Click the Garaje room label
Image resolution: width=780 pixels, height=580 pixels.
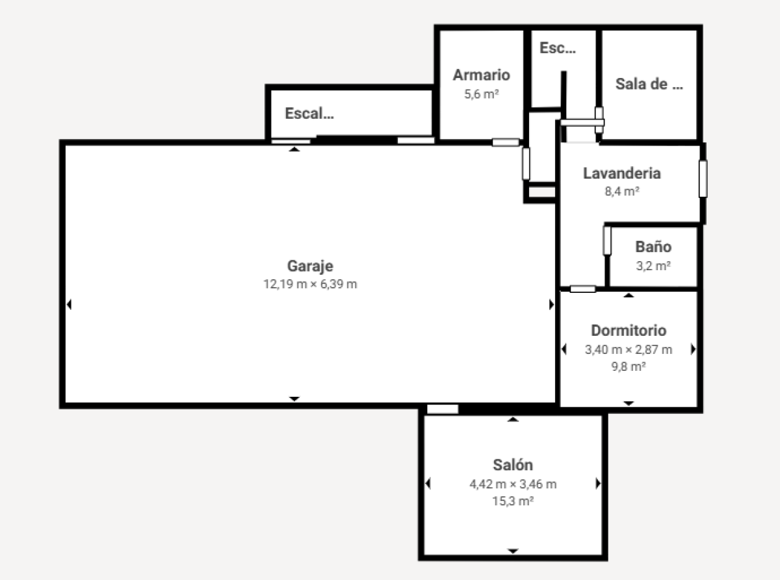pyautogui.click(x=310, y=266)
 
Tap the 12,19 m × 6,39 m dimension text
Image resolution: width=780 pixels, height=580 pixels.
pyautogui.click(x=310, y=284)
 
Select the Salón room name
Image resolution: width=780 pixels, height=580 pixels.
pyautogui.click(x=513, y=464)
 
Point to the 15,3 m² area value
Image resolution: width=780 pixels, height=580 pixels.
pyautogui.click(x=513, y=501)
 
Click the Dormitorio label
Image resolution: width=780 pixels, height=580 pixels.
pyautogui.click(x=629, y=331)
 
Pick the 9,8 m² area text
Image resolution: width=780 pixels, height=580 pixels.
pyautogui.click(x=629, y=366)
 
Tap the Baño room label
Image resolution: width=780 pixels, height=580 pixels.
pyautogui.click(x=653, y=247)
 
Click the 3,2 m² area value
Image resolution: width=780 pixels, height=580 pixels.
pyautogui.click(x=653, y=266)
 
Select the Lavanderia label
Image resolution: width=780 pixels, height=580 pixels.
pyautogui.click(x=622, y=173)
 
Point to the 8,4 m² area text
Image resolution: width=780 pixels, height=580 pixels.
pyautogui.click(x=622, y=191)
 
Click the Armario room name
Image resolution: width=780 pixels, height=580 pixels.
pyautogui.click(x=482, y=75)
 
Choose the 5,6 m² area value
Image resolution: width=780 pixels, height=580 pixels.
pyautogui.click(x=482, y=94)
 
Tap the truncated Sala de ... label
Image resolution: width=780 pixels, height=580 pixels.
pyautogui.click(x=649, y=84)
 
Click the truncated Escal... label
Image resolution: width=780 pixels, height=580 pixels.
pyautogui.click(x=309, y=113)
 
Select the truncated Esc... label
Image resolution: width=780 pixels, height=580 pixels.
pyautogui.click(x=558, y=48)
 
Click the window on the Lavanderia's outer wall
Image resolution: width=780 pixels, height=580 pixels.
pyautogui.click(x=703, y=179)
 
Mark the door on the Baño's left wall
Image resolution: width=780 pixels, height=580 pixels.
pyautogui.click(x=607, y=240)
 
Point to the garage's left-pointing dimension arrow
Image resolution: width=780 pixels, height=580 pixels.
pyautogui.click(x=70, y=305)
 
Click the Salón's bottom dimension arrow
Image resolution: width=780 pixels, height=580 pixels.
pyautogui.click(x=513, y=551)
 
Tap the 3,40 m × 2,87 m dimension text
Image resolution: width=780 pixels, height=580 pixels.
pyautogui.click(x=629, y=349)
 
